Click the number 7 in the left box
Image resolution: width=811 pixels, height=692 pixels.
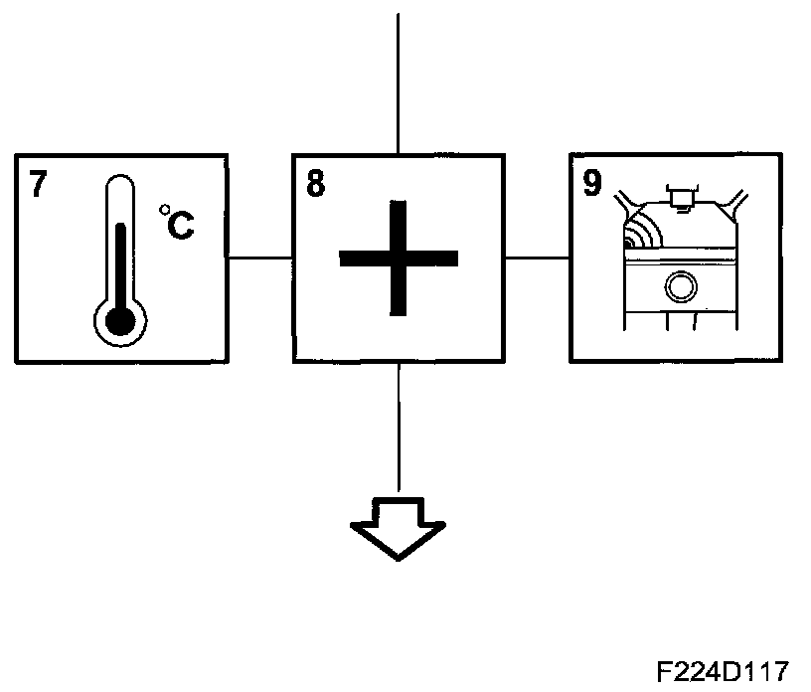click(37, 184)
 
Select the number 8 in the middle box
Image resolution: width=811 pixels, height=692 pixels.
click(315, 184)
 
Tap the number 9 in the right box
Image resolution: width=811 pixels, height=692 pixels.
click(592, 184)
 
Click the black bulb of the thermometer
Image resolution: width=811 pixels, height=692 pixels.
click(119, 320)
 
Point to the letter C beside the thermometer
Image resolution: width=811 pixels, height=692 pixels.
click(180, 226)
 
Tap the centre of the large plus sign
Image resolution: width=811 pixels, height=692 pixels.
click(398, 259)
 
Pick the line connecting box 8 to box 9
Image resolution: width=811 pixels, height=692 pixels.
click(538, 258)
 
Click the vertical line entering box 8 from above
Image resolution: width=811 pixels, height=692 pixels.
click(398, 80)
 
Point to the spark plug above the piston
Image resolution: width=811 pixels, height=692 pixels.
click(681, 198)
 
